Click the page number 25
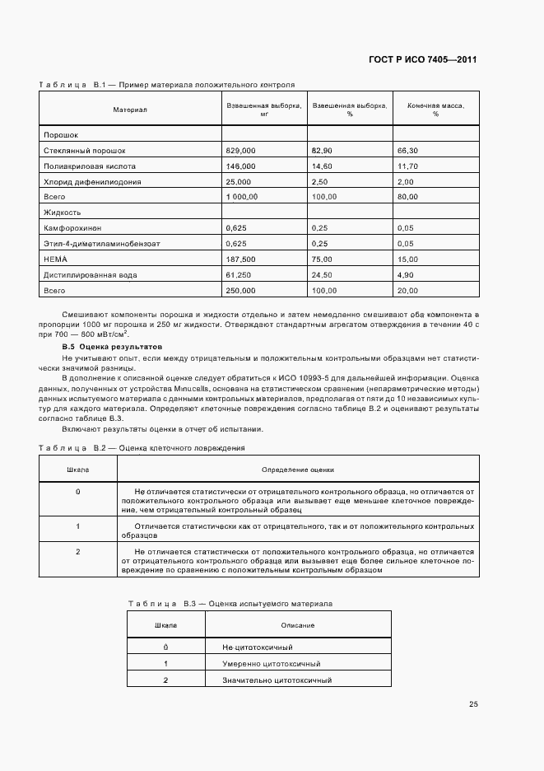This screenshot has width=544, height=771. coord(473,704)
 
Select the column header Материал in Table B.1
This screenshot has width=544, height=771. coord(130,110)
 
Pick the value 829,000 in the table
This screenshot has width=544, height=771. coord(241,151)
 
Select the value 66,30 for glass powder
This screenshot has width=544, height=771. coord(408,151)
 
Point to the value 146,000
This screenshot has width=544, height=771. coord(241,166)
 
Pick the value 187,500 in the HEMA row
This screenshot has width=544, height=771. coord(241,259)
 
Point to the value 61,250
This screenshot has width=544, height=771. coord(239,275)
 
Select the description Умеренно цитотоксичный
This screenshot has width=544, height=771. coord(272,664)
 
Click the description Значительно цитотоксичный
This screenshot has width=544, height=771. coord(277,680)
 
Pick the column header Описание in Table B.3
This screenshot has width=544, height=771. coord(297,626)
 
